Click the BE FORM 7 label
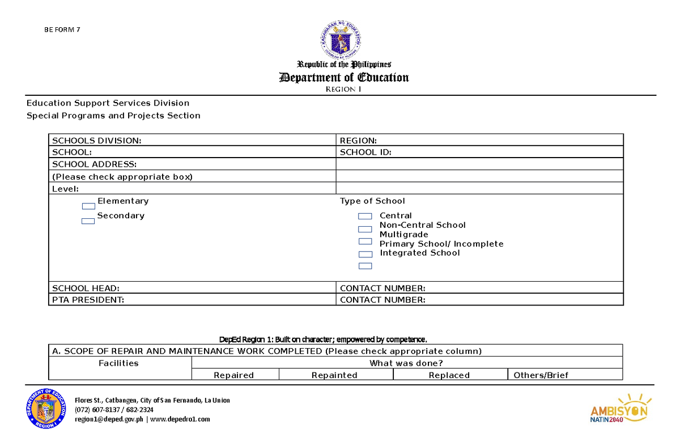coord(62,30)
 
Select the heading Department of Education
coord(344,78)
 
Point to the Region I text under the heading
coord(343,90)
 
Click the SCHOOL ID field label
coord(365,152)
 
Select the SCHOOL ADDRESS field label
coord(94,164)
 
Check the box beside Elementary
coord(88,206)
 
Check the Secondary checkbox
coord(88,221)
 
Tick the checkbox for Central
coord(365,216)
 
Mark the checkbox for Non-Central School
coord(365,229)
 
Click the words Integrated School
coord(419,253)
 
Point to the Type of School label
coord(372,201)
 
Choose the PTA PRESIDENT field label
coord(88,300)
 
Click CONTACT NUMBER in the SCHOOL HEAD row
coord(382,288)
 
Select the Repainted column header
coord(334,375)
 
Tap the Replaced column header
coord(449,375)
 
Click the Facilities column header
coord(118,363)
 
